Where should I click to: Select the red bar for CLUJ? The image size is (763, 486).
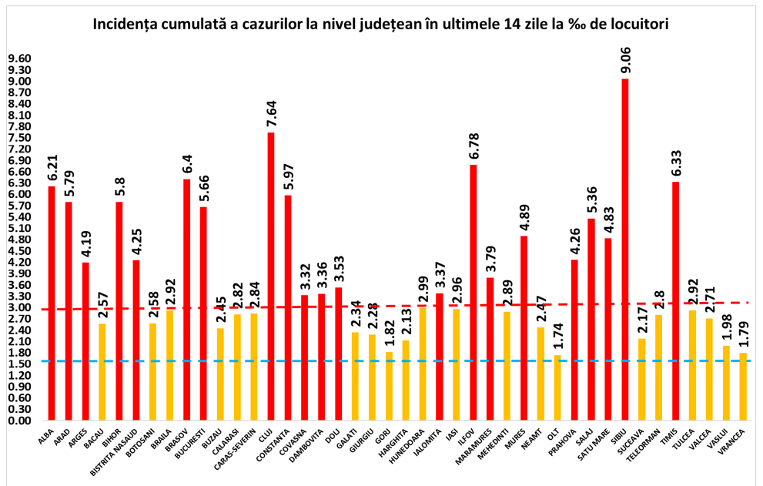point(271,277)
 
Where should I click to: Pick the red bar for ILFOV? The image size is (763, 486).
point(473,293)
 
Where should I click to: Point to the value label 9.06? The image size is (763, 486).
point(625,58)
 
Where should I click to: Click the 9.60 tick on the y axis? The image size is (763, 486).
point(19,59)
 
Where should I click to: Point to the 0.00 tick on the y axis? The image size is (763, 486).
point(19,421)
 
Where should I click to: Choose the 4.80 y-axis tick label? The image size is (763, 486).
point(19,240)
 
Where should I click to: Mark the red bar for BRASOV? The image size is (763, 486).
point(186,300)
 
